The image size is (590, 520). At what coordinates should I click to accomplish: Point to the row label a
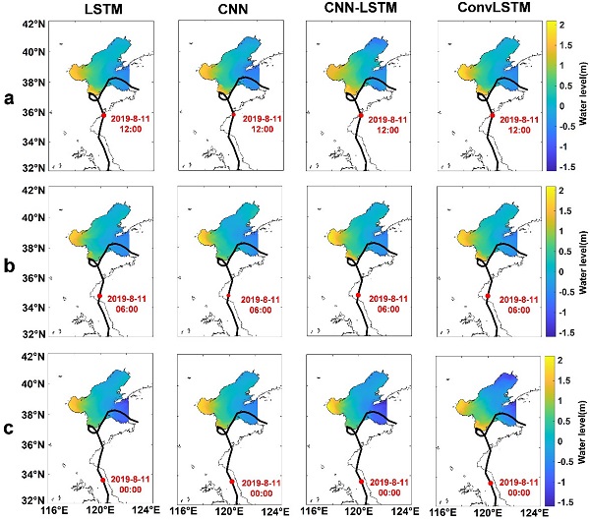(9, 99)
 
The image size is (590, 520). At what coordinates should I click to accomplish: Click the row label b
(9, 265)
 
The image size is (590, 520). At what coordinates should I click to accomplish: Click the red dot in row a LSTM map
(103, 115)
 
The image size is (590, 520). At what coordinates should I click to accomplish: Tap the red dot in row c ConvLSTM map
(490, 483)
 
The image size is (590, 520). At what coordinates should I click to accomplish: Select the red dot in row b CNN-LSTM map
(360, 296)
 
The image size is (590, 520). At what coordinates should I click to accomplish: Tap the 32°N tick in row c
(35, 498)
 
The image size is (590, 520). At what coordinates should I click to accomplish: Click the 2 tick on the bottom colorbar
(557, 362)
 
